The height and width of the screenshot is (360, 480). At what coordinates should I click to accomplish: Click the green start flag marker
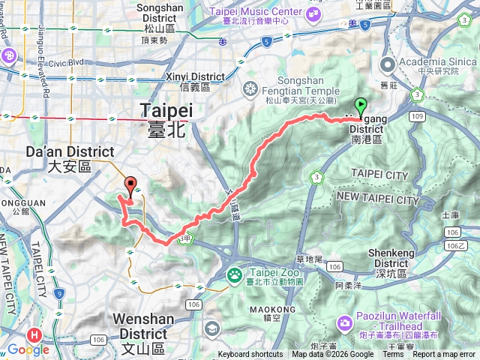[361, 107]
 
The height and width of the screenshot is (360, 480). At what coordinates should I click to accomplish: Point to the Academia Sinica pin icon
[388, 64]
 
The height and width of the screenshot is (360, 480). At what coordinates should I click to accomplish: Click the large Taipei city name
[167, 118]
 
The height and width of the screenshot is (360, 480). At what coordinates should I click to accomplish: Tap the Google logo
[28, 349]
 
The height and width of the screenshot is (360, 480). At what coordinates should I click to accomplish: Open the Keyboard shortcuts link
[251, 355]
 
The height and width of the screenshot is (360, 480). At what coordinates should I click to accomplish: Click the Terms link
[393, 355]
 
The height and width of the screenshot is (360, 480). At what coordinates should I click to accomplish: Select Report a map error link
[445, 355]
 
